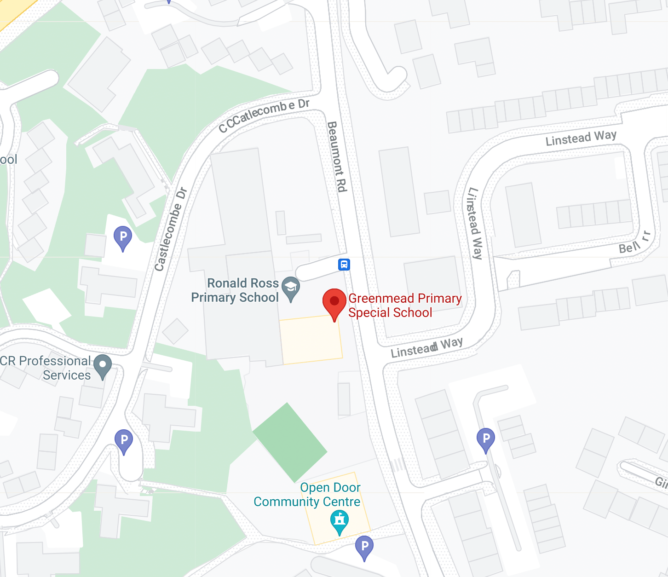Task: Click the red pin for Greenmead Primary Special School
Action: click(334, 301)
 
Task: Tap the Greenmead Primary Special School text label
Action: click(404, 306)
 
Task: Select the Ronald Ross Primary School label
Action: click(235, 290)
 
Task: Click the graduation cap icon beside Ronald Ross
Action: click(291, 288)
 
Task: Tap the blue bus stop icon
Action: click(344, 265)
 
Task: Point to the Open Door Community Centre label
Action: click(307, 495)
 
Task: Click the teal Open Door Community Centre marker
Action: click(340, 521)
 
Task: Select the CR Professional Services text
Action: click(46, 368)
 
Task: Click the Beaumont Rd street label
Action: click(337, 156)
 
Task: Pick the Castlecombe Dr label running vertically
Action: click(170, 229)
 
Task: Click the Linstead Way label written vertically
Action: click(475, 224)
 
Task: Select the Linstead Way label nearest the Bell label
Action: click(581, 138)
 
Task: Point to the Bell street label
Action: click(629, 248)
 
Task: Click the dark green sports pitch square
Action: click(290, 442)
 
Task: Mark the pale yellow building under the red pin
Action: click(311, 340)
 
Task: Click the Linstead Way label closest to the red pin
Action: click(426, 347)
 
